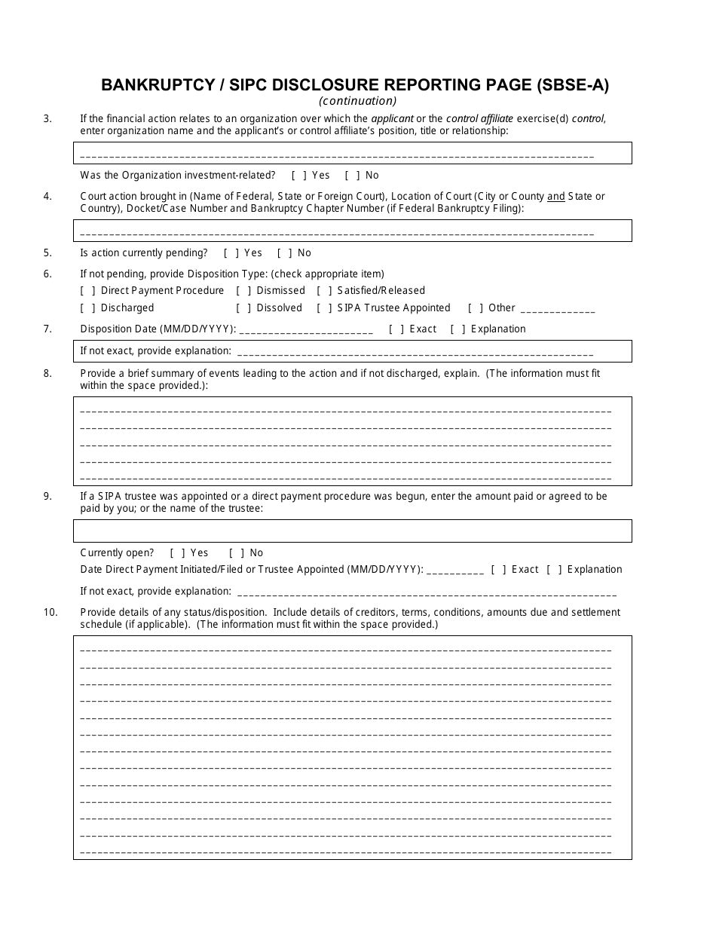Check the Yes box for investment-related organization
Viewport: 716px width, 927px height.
coord(298,176)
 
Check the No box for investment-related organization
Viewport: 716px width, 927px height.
coord(351,176)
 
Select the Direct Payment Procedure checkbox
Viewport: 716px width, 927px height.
coord(87,291)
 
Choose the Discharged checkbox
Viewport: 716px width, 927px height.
coord(87,308)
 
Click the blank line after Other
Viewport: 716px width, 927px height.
coord(557,310)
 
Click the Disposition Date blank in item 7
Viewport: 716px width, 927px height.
coord(304,331)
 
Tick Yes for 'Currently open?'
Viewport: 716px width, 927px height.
coord(177,553)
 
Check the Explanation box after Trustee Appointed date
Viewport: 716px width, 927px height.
coord(554,570)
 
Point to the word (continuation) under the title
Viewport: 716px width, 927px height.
coord(357,101)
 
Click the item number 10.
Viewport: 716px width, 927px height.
coord(50,613)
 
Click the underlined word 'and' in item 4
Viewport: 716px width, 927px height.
coord(555,197)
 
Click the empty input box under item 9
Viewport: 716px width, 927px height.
coord(352,531)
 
